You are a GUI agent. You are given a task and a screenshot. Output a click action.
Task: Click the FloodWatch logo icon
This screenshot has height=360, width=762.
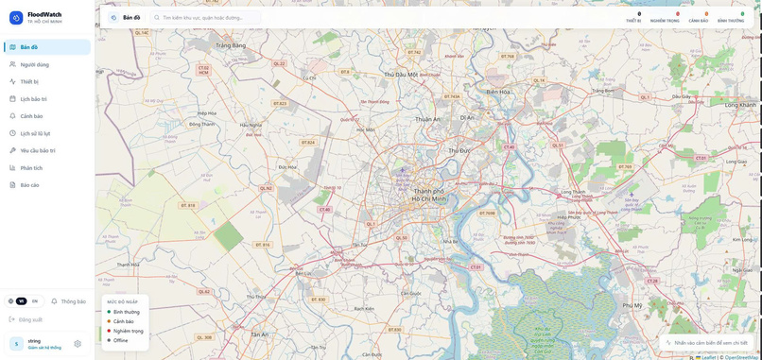[x=16, y=17]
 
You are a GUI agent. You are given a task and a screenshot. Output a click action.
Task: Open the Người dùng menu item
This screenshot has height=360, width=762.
[x=35, y=64]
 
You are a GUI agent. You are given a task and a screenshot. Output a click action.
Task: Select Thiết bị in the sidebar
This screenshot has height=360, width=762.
[x=29, y=81]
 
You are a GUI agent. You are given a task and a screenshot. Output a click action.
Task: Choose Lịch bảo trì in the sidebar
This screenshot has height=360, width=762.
[x=33, y=98]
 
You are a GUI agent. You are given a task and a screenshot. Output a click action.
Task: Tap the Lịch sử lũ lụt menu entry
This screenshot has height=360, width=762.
[x=35, y=133]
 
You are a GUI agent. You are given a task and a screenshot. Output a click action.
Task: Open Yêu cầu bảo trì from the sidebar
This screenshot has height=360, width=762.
[x=38, y=150]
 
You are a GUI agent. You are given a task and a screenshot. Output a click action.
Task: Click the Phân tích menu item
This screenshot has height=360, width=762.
[x=31, y=167]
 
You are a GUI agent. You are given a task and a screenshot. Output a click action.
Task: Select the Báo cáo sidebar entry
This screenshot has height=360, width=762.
[x=29, y=184]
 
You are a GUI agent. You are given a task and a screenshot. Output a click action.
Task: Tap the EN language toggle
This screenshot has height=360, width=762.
[x=35, y=300]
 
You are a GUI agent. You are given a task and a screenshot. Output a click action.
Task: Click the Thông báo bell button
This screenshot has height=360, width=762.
[x=68, y=301]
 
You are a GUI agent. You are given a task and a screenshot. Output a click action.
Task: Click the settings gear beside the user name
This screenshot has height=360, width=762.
[x=78, y=344]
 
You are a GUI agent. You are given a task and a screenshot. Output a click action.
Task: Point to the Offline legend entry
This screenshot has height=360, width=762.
[x=120, y=340]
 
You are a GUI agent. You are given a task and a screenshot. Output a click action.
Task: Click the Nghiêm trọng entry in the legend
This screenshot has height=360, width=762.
[x=128, y=331]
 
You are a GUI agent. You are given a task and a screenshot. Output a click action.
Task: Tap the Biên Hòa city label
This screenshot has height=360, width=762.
[x=497, y=92]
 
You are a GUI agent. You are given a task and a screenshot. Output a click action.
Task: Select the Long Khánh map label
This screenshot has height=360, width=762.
[x=741, y=105]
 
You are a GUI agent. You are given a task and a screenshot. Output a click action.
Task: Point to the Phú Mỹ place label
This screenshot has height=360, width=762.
[x=632, y=305]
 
